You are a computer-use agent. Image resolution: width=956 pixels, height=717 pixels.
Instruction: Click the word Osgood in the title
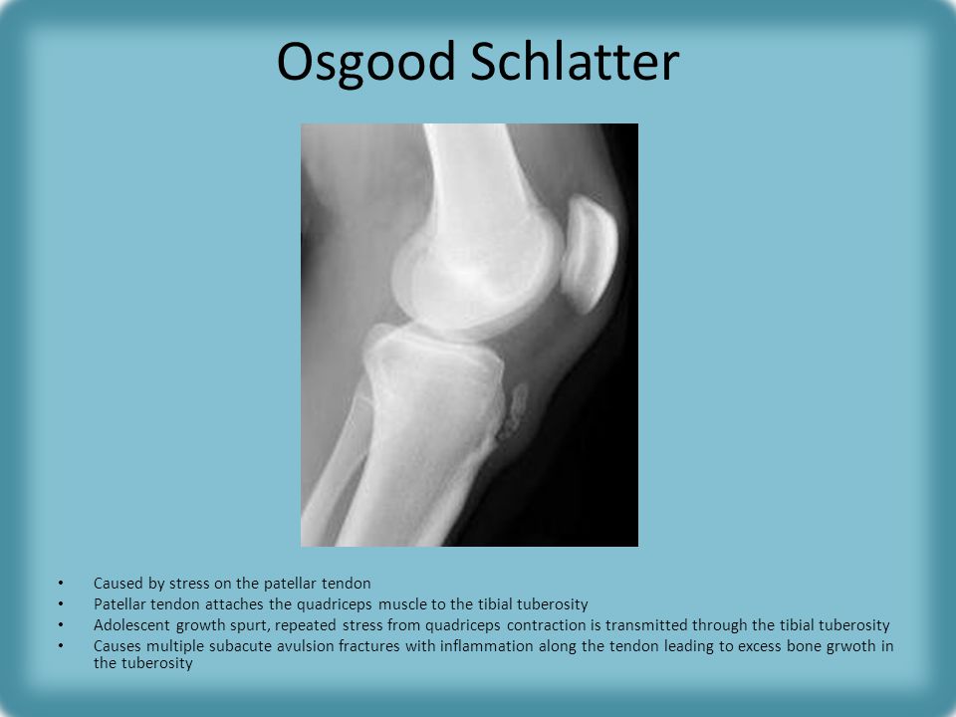click(365, 62)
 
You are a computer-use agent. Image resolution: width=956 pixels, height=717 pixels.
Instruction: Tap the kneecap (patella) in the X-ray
click(589, 253)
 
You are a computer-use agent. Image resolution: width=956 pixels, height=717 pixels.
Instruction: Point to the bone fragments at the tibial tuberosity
click(513, 412)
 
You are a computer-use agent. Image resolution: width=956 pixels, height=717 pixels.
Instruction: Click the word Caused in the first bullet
click(118, 584)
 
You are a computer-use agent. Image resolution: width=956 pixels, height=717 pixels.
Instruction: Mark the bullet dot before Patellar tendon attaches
click(61, 604)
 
